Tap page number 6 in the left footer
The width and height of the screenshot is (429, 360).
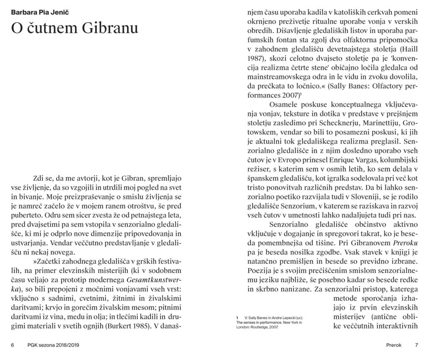coord(13,346)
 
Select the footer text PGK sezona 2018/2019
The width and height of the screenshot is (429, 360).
coord(53,346)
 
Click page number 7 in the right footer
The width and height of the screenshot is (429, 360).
coord(416,346)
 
